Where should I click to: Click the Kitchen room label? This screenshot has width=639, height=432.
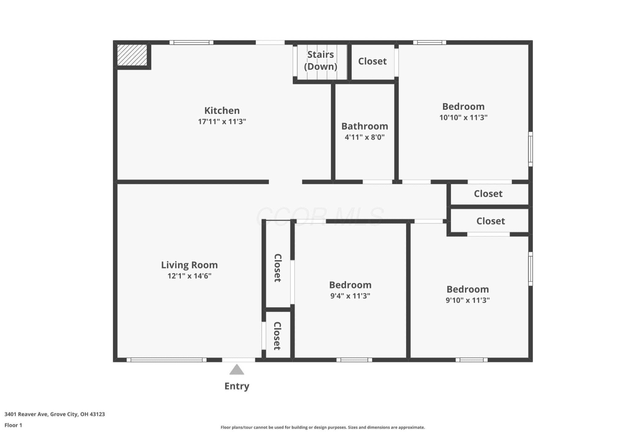coord(222,110)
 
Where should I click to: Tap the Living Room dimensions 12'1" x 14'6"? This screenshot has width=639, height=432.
coord(189,276)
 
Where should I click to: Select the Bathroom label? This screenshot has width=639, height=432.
coord(365,126)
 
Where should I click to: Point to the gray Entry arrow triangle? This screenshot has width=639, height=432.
coord(237,369)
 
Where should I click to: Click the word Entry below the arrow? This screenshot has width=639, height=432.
coord(237,386)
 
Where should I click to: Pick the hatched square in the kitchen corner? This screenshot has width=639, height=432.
coord(132,55)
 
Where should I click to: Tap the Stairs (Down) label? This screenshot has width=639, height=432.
coord(320,61)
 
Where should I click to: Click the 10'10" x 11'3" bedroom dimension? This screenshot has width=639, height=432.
coord(463,117)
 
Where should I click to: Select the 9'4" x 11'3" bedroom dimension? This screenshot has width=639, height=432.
coord(350,296)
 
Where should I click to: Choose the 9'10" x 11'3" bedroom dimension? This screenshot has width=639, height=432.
coord(468,300)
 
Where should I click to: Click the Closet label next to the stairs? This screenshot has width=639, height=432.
coord(372,61)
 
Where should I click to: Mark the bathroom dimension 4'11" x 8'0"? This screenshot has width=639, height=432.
coord(365,137)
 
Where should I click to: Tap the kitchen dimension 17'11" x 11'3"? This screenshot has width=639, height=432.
coord(222,121)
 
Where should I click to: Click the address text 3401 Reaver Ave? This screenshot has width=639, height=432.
coord(26,414)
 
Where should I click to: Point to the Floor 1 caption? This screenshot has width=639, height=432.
coord(13,425)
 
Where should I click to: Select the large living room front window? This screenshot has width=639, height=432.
coord(167,360)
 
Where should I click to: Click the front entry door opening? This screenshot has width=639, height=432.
coord(238,360)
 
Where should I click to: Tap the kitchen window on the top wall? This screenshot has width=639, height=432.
coord(191,43)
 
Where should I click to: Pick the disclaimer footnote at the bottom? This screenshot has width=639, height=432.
coord(323,427)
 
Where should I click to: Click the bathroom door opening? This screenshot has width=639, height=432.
coord(377,182)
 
